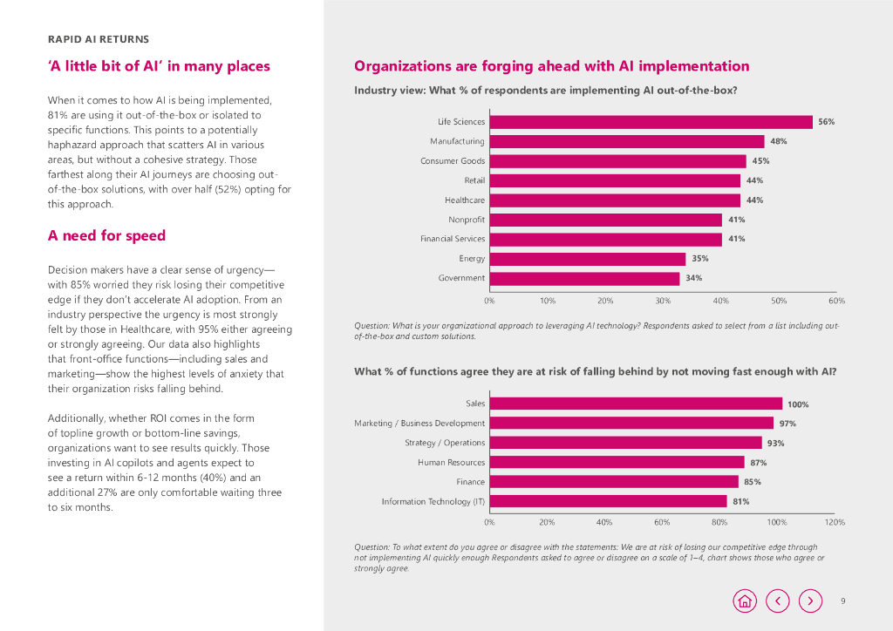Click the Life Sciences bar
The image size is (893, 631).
650,122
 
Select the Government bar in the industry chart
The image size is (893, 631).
583,278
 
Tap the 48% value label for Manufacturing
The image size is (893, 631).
779,141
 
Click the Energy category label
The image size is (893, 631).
472,259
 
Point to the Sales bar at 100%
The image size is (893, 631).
635,404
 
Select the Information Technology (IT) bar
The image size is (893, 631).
607,501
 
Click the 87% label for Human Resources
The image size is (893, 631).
759,463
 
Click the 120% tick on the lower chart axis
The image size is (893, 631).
835,522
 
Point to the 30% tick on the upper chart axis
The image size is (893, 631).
663,301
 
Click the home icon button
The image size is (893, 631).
745,600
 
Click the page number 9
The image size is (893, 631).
843,600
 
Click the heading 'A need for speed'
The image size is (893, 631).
106,235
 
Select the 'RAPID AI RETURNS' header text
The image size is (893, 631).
98,39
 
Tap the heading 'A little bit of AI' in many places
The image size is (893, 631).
159,66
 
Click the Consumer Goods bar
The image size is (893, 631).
617,161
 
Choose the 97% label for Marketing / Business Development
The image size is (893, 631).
787,424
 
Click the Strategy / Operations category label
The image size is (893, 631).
445,443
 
